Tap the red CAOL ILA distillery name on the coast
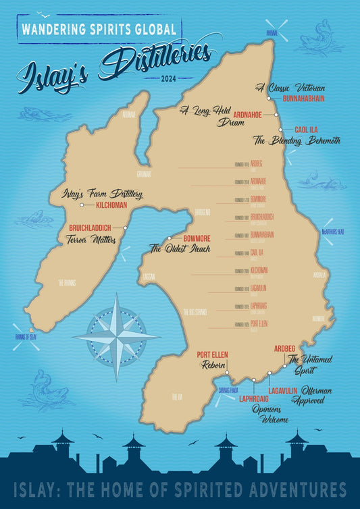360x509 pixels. click(x=306, y=130)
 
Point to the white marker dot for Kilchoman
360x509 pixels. click(x=81, y=205)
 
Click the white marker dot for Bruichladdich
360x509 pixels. click(x=126, y=227)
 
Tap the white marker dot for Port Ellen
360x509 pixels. click(x=227, y=372)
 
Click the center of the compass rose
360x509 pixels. click(x=116, y=336)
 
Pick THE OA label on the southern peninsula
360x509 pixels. click(x=176, y=397)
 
